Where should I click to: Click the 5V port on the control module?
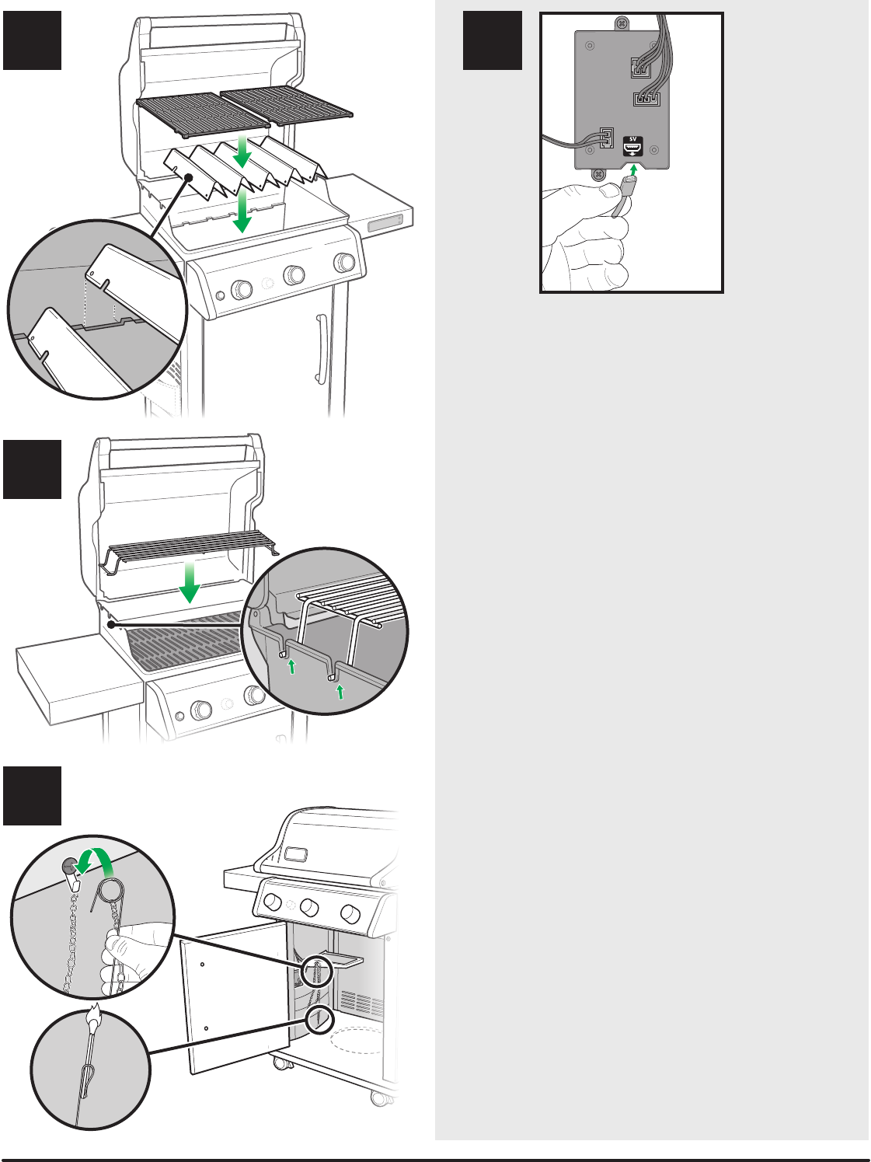pyautogui.click(x=633, y=146)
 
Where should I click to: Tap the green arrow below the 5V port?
pyautogui.click(x=633, y=170)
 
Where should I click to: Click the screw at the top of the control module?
pyautogui.click(x=622, y=23)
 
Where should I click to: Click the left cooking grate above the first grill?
pyautogui.click(x=203, y=115)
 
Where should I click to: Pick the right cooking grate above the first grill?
pyautogui.click(x=287, y=106)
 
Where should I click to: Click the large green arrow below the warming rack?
pyautogui.click(x=189, y=582)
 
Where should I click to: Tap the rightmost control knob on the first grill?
pyautogui.click(x=344, y=262)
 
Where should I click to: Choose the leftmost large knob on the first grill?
pyautogui.click(x=242, y=289)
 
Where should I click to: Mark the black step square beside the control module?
pyautogui.click(x=492, y=40)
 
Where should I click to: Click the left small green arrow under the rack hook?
pyautogui.click(x=291, y=666)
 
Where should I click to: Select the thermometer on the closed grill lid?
pyautogui.click(x=295, y=853)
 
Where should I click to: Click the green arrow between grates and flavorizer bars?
pyautogui.click(x=242, y=151)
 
